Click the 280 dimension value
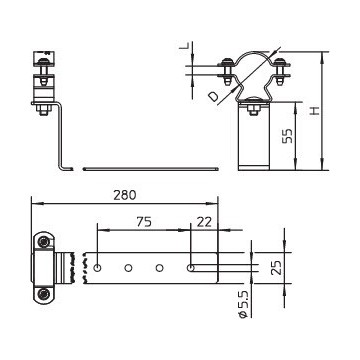(x=125, y=195)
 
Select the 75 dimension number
(x=143, y=222)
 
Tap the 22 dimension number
(x=204, y=222)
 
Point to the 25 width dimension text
(x=276, y=267)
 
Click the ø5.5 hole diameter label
(x=244, y=303)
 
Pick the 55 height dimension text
(x=287, y=136)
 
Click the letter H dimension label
(x=314, y=111)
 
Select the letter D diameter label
(x=213, y=96)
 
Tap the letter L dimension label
(x=184, y=46)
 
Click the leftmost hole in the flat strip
(x=98, y=268)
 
